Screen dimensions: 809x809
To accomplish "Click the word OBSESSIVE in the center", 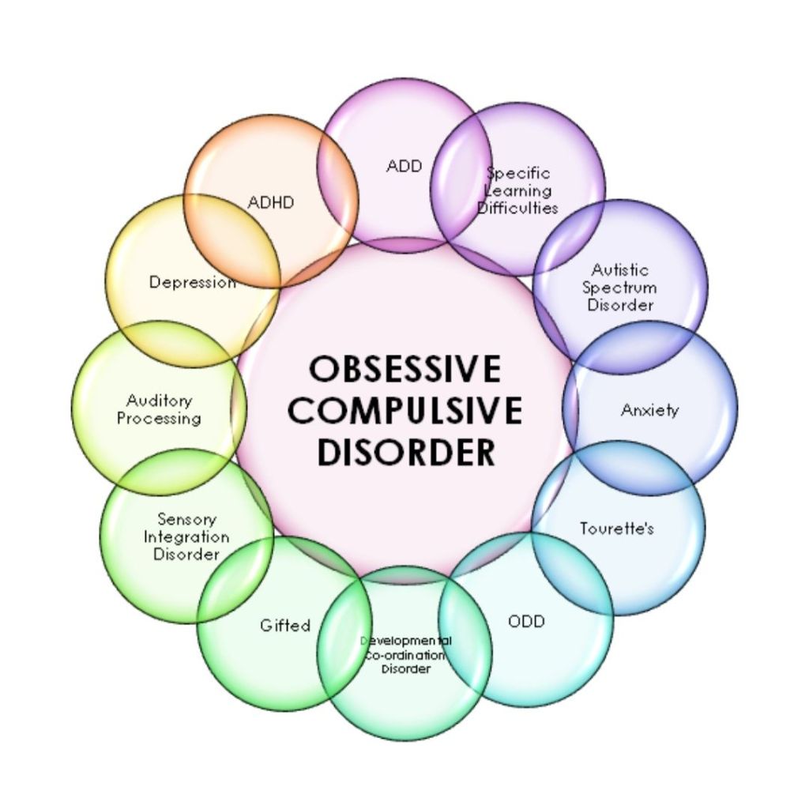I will point(404,369).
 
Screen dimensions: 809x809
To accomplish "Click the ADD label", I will point(404,166).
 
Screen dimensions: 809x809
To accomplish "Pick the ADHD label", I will point(270,202).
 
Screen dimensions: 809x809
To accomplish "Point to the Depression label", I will point(192,282).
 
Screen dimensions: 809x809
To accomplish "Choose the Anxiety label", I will point(649,410).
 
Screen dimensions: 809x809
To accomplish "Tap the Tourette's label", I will point(616,528).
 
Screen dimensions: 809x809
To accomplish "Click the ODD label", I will point(526,621).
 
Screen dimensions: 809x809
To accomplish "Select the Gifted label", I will point(285,625).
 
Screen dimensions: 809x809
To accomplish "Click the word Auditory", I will point(159,401).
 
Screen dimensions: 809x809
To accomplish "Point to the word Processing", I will point(159,419).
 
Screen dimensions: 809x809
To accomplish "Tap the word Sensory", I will point(186,519).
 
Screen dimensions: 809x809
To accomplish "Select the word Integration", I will point(186,536).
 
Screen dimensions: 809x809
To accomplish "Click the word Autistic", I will point(620,270).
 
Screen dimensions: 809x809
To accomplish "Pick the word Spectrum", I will point(620,288).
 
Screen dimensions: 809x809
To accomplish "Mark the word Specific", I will point(518,173).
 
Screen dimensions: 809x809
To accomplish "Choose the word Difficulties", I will point(518,208).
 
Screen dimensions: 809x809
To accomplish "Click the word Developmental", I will point(406,641).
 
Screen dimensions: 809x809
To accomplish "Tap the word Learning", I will point(518,190).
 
